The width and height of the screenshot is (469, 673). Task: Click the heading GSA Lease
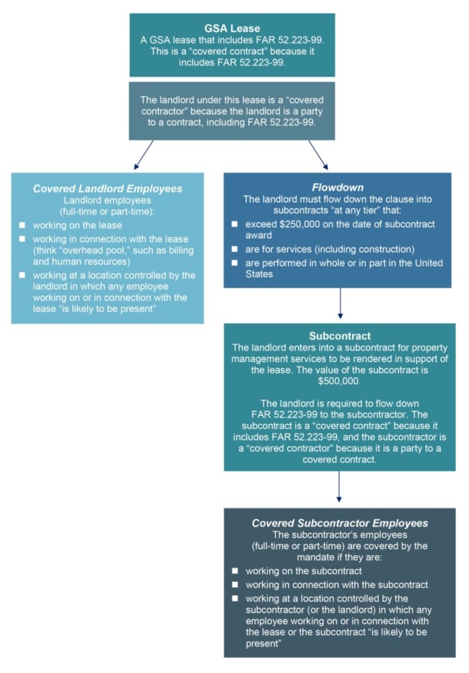pos(232,28)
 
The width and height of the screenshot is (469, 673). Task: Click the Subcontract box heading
pos(339,336)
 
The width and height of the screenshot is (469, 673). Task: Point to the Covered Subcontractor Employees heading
pos(339,523)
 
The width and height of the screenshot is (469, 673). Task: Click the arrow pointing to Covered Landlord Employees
pos(145,153)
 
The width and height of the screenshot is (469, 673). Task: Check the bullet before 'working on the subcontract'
pos(234,570)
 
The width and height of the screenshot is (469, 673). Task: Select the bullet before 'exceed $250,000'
pos(234,225)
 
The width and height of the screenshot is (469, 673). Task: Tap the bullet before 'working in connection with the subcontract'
pos(234,584)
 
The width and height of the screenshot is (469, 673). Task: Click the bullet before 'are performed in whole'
pos(234,262)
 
